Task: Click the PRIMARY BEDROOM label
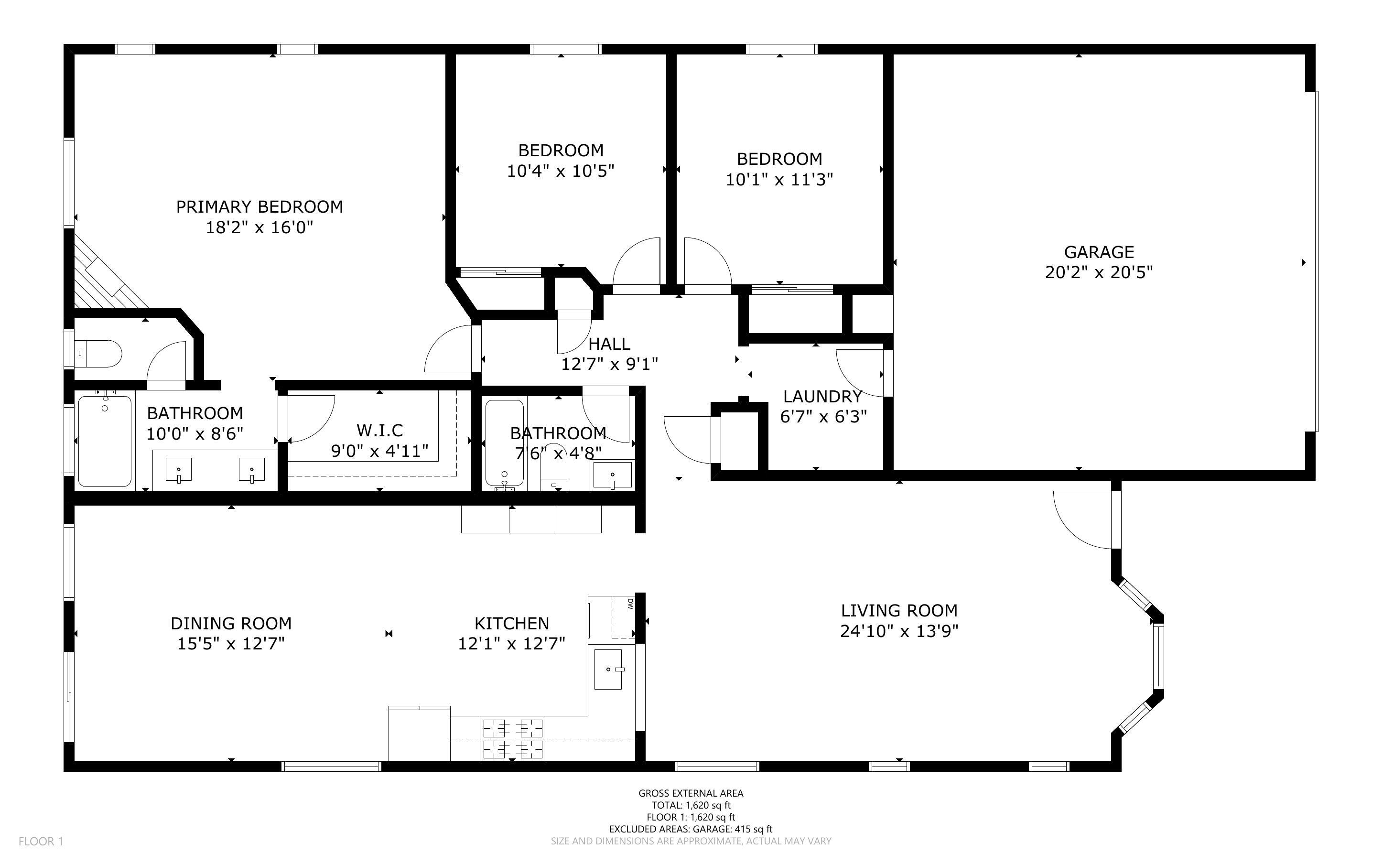259,206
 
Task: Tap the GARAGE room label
1099,251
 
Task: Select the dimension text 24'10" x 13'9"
899,631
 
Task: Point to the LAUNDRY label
822,396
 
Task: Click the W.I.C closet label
380,430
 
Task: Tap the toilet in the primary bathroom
98,353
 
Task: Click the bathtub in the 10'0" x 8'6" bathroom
105,441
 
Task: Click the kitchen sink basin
608,669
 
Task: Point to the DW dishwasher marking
630,604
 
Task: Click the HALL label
609,344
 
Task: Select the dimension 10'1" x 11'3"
779,179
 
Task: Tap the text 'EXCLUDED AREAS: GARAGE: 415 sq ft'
691,829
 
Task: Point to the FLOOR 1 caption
41,841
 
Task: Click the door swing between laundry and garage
859,373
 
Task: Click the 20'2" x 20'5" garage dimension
1099,272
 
